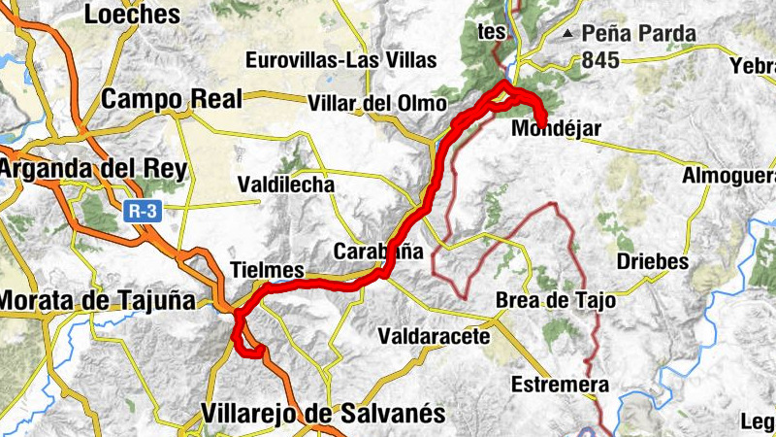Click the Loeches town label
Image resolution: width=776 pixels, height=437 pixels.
(133, 15)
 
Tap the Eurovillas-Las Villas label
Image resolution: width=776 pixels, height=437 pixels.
(341, 60)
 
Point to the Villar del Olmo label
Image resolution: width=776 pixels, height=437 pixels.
(377, 103)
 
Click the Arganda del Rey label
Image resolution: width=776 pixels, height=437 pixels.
(92, 168)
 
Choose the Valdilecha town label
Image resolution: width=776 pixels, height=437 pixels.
(286, 185)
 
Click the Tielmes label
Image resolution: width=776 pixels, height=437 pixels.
(268, 270)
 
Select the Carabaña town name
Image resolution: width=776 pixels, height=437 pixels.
(378, 251)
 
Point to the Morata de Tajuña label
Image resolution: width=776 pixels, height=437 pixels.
(97, 301)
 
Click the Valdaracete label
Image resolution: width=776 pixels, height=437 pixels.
(434, 336)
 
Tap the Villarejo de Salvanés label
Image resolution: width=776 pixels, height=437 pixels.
(324, 414)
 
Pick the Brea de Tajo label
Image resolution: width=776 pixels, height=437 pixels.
(555, 301)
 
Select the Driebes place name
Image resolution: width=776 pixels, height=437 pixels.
(653, 262)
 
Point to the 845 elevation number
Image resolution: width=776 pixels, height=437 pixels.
(601, 59)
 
